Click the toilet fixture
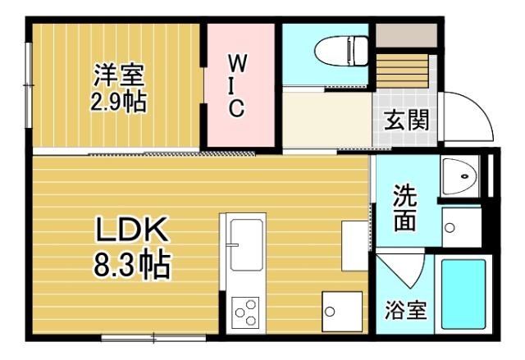point(340,49)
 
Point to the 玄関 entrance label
point(406,121)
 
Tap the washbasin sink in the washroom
point(461,175)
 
